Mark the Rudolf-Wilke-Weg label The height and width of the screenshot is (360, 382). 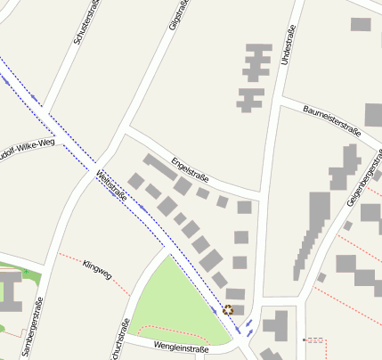click(27, 150)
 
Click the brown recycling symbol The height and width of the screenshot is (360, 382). click(228, 310)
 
